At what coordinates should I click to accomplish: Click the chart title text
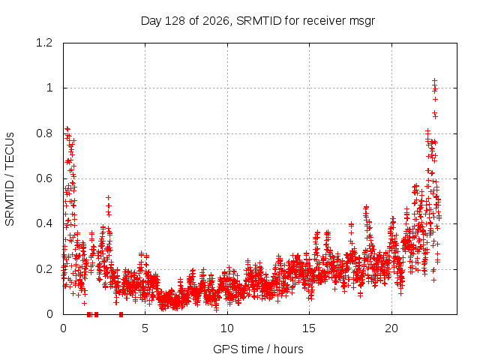point(258,21)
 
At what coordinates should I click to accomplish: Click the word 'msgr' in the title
point(361,22)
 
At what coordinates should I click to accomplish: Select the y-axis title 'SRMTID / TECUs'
point(10,179)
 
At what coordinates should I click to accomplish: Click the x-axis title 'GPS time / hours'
point(258,349)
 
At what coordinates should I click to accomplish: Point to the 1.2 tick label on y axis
point(44,43)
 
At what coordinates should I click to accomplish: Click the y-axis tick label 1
point(49,88)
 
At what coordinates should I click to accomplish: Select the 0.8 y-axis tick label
point(44,133)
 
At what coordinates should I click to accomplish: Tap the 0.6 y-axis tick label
point(44,178)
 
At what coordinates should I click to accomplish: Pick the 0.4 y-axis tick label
point(44,223)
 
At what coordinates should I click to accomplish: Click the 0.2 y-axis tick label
point(44,269)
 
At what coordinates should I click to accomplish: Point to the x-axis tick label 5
point(145,328)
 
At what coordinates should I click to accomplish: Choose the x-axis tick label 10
point(227,328)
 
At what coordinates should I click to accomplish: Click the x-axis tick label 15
point(309,328)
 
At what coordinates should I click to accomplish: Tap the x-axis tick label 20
point(391,328)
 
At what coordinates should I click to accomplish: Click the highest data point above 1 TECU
point(434,81)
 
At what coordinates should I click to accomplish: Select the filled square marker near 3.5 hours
point(121,314)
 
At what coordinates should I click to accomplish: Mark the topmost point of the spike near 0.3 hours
point(67,129)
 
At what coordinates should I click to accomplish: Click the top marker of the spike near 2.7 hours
point(108,198)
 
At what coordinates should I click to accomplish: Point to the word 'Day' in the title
point(151,22)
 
